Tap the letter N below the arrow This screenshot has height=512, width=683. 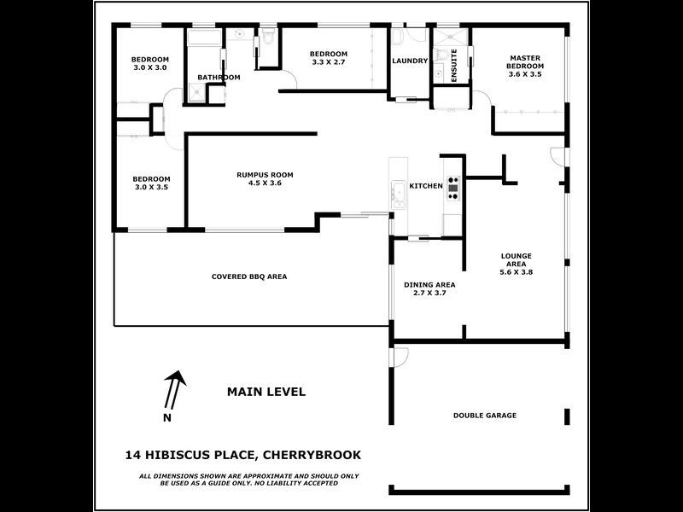pos(166,417)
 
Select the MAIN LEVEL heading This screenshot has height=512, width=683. pos(266,392)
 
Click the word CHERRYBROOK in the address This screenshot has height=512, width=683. pos(316,455)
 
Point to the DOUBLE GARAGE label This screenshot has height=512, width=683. pos(484,416)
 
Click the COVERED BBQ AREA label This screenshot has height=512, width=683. pos(248,276)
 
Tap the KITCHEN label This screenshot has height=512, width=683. pos(426,186)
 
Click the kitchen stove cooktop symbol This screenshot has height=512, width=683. pos(452,187)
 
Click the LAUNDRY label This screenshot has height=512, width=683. pos(409,61)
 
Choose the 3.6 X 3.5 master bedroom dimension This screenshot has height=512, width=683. pos(525,74)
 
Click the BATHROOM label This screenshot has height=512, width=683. pos(219,78)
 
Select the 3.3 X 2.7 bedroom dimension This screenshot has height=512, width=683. pos(329,62)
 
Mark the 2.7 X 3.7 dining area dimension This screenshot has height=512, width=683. pos(429,293)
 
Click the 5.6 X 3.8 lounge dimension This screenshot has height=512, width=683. pos(516,272)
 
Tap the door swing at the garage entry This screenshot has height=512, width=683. pos(400,352)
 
